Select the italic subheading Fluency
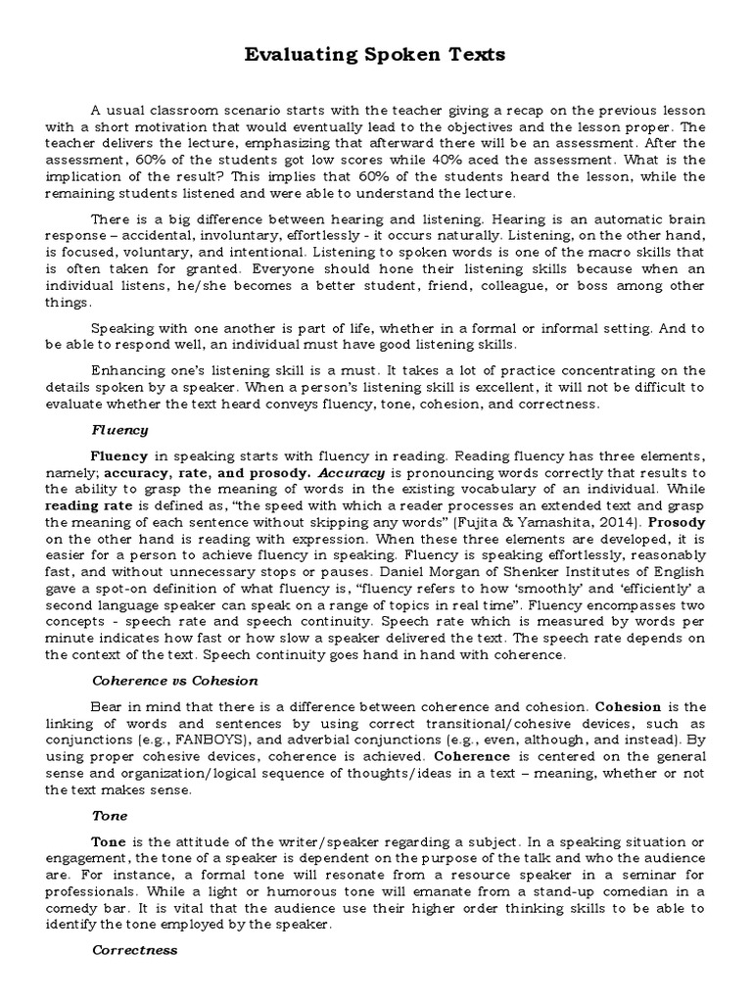(119, 429)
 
